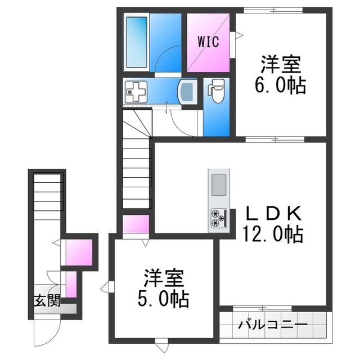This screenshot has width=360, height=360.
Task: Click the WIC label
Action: tap(209, 42)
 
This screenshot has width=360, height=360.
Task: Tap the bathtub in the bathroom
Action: tap(136, 42)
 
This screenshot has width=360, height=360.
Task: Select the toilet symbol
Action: tap(216, 91)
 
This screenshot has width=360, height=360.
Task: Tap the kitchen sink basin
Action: tap(219, 184)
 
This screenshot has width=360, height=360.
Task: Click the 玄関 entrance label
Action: tap(47, 300)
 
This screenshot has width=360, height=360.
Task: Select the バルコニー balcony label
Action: tap(273, 325)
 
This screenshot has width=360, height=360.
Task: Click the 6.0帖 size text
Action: tap(280, 85)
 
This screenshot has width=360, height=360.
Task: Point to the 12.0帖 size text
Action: tap(273, 234)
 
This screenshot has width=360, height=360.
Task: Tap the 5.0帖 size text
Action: tap(163, 299)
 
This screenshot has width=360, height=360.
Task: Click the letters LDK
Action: tap(273, 213)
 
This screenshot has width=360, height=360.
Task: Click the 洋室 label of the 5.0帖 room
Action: tap(164, 278)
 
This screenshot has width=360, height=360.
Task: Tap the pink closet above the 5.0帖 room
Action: tap(136, 224)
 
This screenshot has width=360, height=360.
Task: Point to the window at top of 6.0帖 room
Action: tap(273, 10)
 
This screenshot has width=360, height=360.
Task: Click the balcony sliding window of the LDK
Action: tap(263, 308)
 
